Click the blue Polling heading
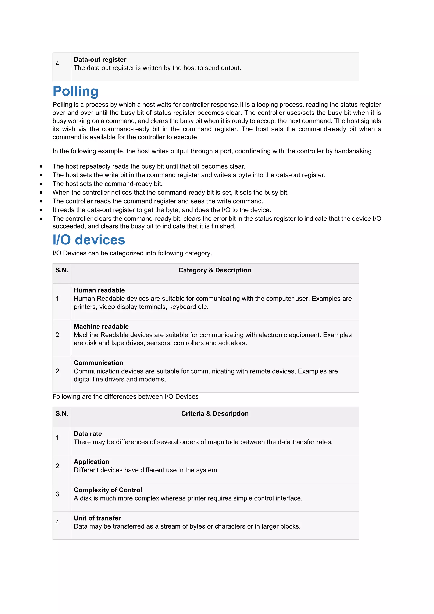coord(76,91)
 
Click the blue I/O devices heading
coord(89,240)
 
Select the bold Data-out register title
coord(100,60)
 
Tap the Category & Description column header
coord(215,270)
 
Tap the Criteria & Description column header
coord(215,413)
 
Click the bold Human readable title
coord(99,290)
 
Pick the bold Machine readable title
coord(101,327)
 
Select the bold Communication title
coord(98,363)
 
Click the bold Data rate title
coord(88,434)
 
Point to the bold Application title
coord(91,462)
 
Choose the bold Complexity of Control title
coord(108,490)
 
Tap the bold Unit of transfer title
coord(97,518)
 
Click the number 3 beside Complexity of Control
coord(57,494)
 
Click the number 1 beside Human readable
coord(57,299)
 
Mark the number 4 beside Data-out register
coord(57,64)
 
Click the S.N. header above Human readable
coord(62,270)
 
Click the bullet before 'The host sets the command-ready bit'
coord(41,184)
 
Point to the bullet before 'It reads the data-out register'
coord(41,210)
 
